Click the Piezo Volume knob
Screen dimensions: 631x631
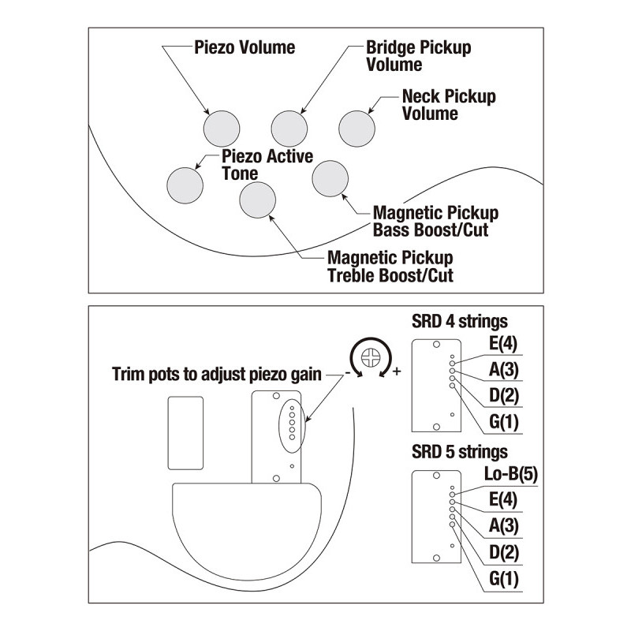click(x=222, y=129)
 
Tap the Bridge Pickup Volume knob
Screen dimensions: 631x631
click(x=289, y=129)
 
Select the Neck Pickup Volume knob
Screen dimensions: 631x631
click(x=357, y=129)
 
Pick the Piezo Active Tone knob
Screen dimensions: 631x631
click(x=185, y=185)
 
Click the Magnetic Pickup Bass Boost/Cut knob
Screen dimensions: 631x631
click(x=330, y=179)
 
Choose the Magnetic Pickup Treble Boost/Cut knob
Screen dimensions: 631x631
click(x=258, y=200)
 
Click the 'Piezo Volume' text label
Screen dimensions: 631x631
click(x=245, y=47)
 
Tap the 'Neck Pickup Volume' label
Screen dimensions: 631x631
click(x=449, y=105)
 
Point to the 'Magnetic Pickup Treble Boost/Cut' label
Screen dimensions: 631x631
click(x=390, y=267)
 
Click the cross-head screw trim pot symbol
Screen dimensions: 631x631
click(x=371, y=357)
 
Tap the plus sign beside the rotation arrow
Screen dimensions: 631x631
click(x=397, y=371)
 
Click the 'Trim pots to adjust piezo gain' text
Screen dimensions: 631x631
click(x=216, y=374)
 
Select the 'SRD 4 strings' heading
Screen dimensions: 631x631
click(x=460, y=321)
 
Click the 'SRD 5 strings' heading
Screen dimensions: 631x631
click(x=460, y=451)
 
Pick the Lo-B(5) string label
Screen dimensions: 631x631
click(x=511, y=474)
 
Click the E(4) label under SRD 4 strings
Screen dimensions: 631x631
click(x=503, y=343)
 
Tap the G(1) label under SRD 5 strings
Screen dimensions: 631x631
click(x=504, y=579)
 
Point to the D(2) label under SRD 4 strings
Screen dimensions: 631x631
click(x=504, y=395)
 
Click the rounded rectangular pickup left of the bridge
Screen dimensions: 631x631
click(x=185, y=433)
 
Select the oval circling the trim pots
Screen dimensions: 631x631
click(x=278, y=425)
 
